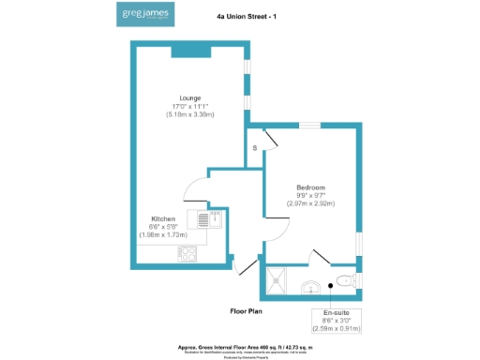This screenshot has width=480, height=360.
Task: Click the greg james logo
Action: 145,15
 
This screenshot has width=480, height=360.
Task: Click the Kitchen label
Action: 164,218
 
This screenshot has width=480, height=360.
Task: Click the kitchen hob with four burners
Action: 187,252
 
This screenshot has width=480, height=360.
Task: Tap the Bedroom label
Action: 310,187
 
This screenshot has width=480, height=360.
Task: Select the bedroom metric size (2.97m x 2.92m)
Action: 310,203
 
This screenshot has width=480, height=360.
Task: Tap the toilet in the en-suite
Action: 345,279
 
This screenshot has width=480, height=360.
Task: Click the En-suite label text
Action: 337,311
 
